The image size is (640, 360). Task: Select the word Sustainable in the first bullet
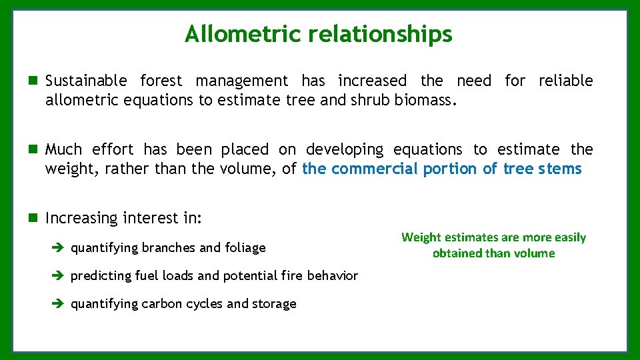pyautogui.click(x=86, y=81)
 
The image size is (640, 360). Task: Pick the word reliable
pyautogui.click(x=565, y=81)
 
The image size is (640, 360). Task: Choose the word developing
pyautogui.click(x=345, y=149)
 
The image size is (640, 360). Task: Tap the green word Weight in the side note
pyautogui.click(x=421, y=237)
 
